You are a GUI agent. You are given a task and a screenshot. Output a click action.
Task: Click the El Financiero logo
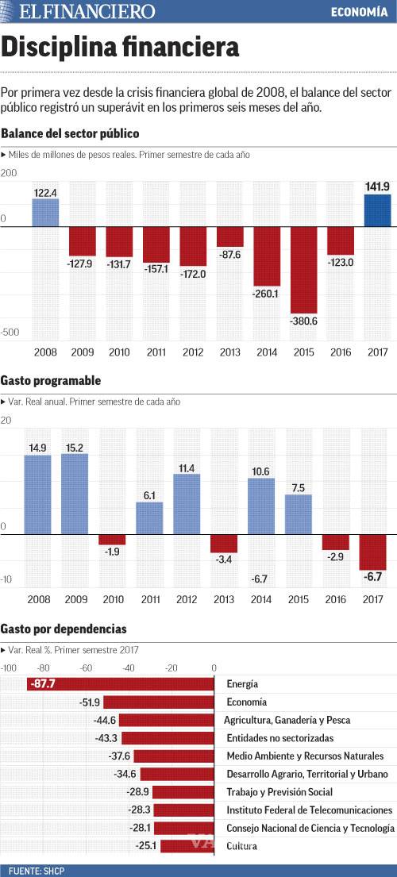pos(87,12)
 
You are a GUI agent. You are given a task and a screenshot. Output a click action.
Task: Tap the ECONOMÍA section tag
pos(360,12)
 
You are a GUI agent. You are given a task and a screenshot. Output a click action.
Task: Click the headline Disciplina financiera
pos(120,48)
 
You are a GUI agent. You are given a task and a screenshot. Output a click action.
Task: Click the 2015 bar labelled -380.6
pos(303,269)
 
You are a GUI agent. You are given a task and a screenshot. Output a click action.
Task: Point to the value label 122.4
pos(45,192)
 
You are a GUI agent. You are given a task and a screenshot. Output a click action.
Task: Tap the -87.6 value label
pos(230,254)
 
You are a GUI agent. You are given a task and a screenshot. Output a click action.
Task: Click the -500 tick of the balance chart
pos(10,333)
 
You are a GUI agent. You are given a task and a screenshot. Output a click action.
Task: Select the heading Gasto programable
pos(51,381)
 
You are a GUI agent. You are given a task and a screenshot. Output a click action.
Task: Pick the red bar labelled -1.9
pos(112,540)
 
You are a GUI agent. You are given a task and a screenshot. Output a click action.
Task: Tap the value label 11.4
pos(187,468)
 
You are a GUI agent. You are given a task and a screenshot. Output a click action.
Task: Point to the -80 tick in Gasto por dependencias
pos(43,668)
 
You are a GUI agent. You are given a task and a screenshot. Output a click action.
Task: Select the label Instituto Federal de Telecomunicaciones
pos(309,810)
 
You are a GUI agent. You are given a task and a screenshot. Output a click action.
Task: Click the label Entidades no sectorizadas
pos(279,738)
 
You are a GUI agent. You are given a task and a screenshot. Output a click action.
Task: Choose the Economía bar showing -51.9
pos(159,702)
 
